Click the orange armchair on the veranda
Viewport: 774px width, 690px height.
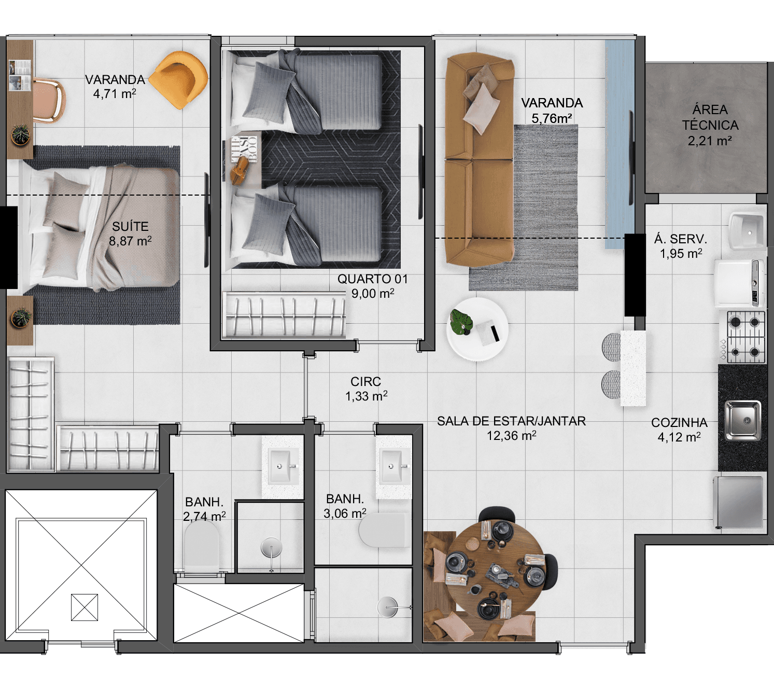(x=179, y=79)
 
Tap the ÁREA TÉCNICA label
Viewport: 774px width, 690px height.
(x=710, y=117)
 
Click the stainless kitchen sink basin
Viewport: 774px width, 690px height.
(x=743, y=420)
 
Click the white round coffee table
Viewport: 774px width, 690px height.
(x=477, y=329)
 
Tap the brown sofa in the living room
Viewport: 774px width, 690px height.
(x=480, y=159)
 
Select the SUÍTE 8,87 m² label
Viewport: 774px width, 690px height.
(x=130, y=233)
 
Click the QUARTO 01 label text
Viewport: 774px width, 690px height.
(x=372, y=279)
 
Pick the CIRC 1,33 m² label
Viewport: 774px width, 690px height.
(x=366, y=389)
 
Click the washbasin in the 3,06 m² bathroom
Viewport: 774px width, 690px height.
(x=393, y=465)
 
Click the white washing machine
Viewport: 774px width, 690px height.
(x=740, y=283)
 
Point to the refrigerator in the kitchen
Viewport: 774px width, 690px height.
(x=739, y=502)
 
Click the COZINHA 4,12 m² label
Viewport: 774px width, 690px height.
(x=679, y=430)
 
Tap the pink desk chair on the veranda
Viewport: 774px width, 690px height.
(x=50, y=100)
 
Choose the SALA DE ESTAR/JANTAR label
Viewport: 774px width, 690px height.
(x=511, y=421)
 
